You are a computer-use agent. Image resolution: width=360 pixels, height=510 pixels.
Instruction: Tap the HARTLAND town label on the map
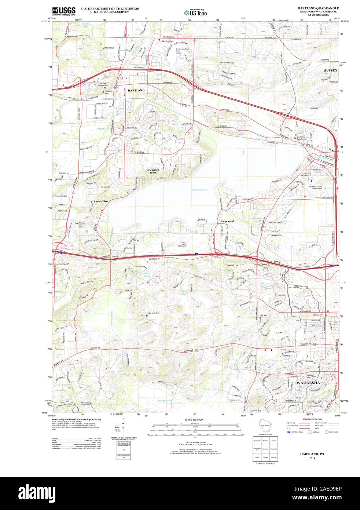tap(136, 90)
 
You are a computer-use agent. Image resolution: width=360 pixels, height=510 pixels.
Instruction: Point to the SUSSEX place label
tap(331, 70)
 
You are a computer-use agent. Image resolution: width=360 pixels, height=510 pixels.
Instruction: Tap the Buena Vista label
tap(100, 201)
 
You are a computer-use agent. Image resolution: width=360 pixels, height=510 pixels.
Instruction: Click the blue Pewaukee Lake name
tap(199, 189)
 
